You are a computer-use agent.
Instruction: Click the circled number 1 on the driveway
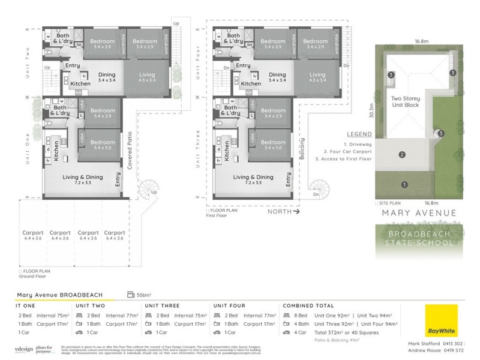coord(404,185)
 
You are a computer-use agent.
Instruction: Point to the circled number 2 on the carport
coord(400,155)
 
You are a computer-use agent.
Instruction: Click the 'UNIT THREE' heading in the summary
coord(162,305)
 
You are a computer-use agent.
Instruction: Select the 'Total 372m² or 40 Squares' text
coord(323,332)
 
